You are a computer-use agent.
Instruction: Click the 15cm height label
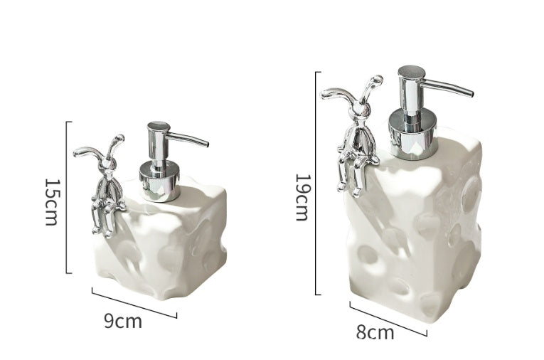51,201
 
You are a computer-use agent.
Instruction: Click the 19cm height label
302,197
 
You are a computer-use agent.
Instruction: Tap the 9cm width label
123,321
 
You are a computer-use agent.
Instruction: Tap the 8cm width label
375,332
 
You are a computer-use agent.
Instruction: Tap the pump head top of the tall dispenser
412,72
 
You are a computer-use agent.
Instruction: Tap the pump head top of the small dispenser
159,127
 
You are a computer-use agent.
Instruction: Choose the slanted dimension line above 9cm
134,302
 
